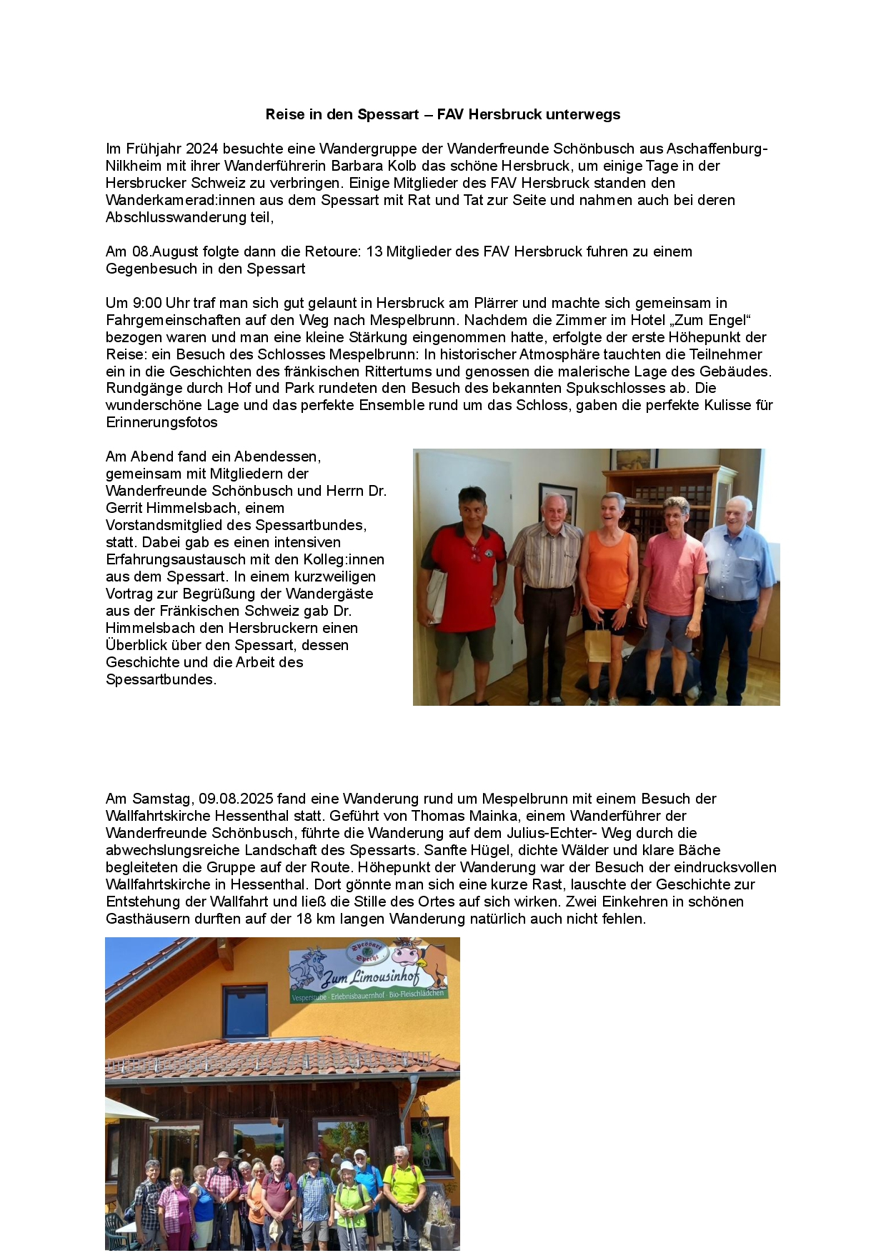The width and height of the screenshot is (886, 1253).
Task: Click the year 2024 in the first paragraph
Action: pyautogui.click(x=202, y=149)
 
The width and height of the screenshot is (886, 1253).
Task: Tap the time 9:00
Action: pyautogui.click(x=147, y=303)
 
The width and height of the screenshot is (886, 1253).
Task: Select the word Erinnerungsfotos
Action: pyautogui.click(x=161, y=422)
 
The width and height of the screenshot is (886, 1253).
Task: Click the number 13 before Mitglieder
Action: pyautogui.click(x=374, y=251)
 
